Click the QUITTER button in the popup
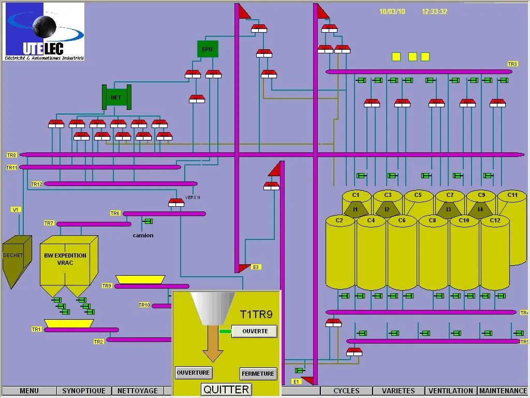(227, 389)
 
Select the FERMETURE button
(258, 374)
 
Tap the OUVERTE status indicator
(255, 331)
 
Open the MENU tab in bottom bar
(29, 391)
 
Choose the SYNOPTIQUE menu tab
(84, 391)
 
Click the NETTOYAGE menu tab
(138, 391)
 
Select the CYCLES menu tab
(346, 391)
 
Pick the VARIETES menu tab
(399, 391)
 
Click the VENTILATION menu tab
(451, 391)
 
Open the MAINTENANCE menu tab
(503, 391)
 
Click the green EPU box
(208, 49)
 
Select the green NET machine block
(116, 97)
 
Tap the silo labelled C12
(495, 254)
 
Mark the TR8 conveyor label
(12, 155)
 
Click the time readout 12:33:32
(435, 11)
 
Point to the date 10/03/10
(392, 11)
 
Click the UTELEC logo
(45, 32)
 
